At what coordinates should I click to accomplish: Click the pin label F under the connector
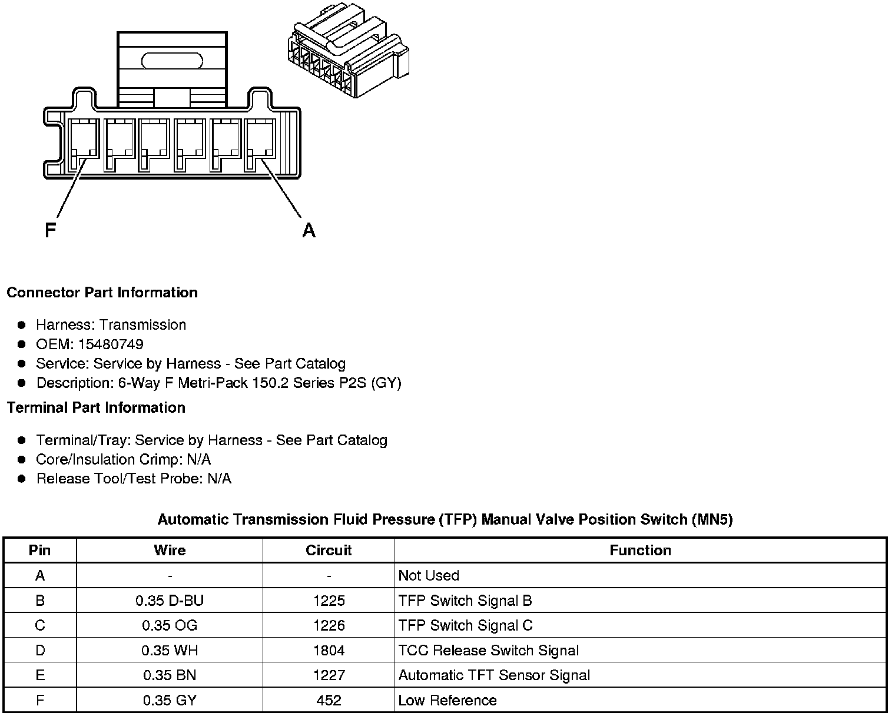pyautogui.click(x=51, y=230)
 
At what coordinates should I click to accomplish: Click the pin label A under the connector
pyautogui.click(x=309, y=230)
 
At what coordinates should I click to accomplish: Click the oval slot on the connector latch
pyautogui.click(x=172, y=61)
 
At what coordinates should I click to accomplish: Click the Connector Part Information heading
pyautogui.click(x=102, y=293)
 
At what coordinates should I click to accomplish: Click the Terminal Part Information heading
pyautogui.click(x=96, y=407)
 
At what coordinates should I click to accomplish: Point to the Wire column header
pyautogui.click(x=170, y=551)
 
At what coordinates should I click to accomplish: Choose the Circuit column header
pyautogui.click(x=329, y=551)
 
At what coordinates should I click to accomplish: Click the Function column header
pyautogui.click(x=640, y=551)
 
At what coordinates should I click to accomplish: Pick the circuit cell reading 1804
pyautogui.click(x=329, y=651)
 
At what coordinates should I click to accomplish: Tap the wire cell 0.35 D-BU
pyautogui.click(x=170, y=601)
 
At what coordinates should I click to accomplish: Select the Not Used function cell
pyautogui.click(x=429, y=575)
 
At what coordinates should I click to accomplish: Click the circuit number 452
pyautogui.click(x=329, y=700)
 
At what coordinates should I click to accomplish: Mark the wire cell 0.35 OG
pyautogui.click(x=170, y=625)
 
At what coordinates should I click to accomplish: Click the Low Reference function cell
pyautogui.click(x=447, y=700)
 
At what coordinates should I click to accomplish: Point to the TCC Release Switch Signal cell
pyautogui.click(x=489, y=651)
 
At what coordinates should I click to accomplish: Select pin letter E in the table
pyautogui.click(x=40, y=675)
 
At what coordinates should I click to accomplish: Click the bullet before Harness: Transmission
pyautogui.click(x=22, y=325)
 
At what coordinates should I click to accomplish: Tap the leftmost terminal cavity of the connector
pyautogui.click(x=84, y=144)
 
